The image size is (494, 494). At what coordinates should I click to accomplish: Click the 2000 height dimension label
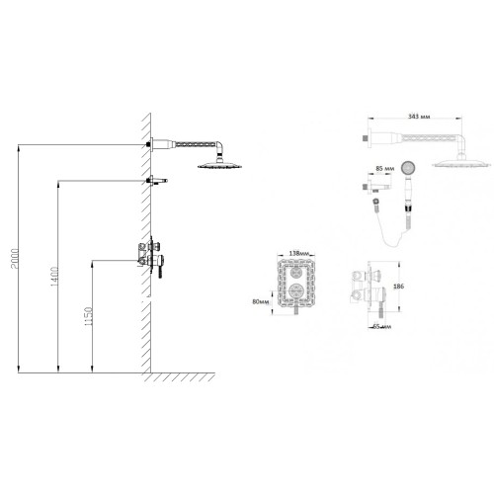point(15,259)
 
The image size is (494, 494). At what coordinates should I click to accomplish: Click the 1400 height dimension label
point(54,277)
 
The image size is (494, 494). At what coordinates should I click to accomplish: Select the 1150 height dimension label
point(89,316)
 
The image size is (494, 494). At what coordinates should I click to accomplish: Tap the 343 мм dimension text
point(419,117)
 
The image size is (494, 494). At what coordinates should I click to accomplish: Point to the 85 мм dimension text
point(385,168)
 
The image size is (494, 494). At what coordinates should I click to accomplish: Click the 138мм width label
point(299,253)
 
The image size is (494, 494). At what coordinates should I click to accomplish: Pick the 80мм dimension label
point(261,301)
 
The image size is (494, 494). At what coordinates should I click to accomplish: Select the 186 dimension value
point(398,287)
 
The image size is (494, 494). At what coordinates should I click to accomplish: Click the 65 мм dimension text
point(382,327)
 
